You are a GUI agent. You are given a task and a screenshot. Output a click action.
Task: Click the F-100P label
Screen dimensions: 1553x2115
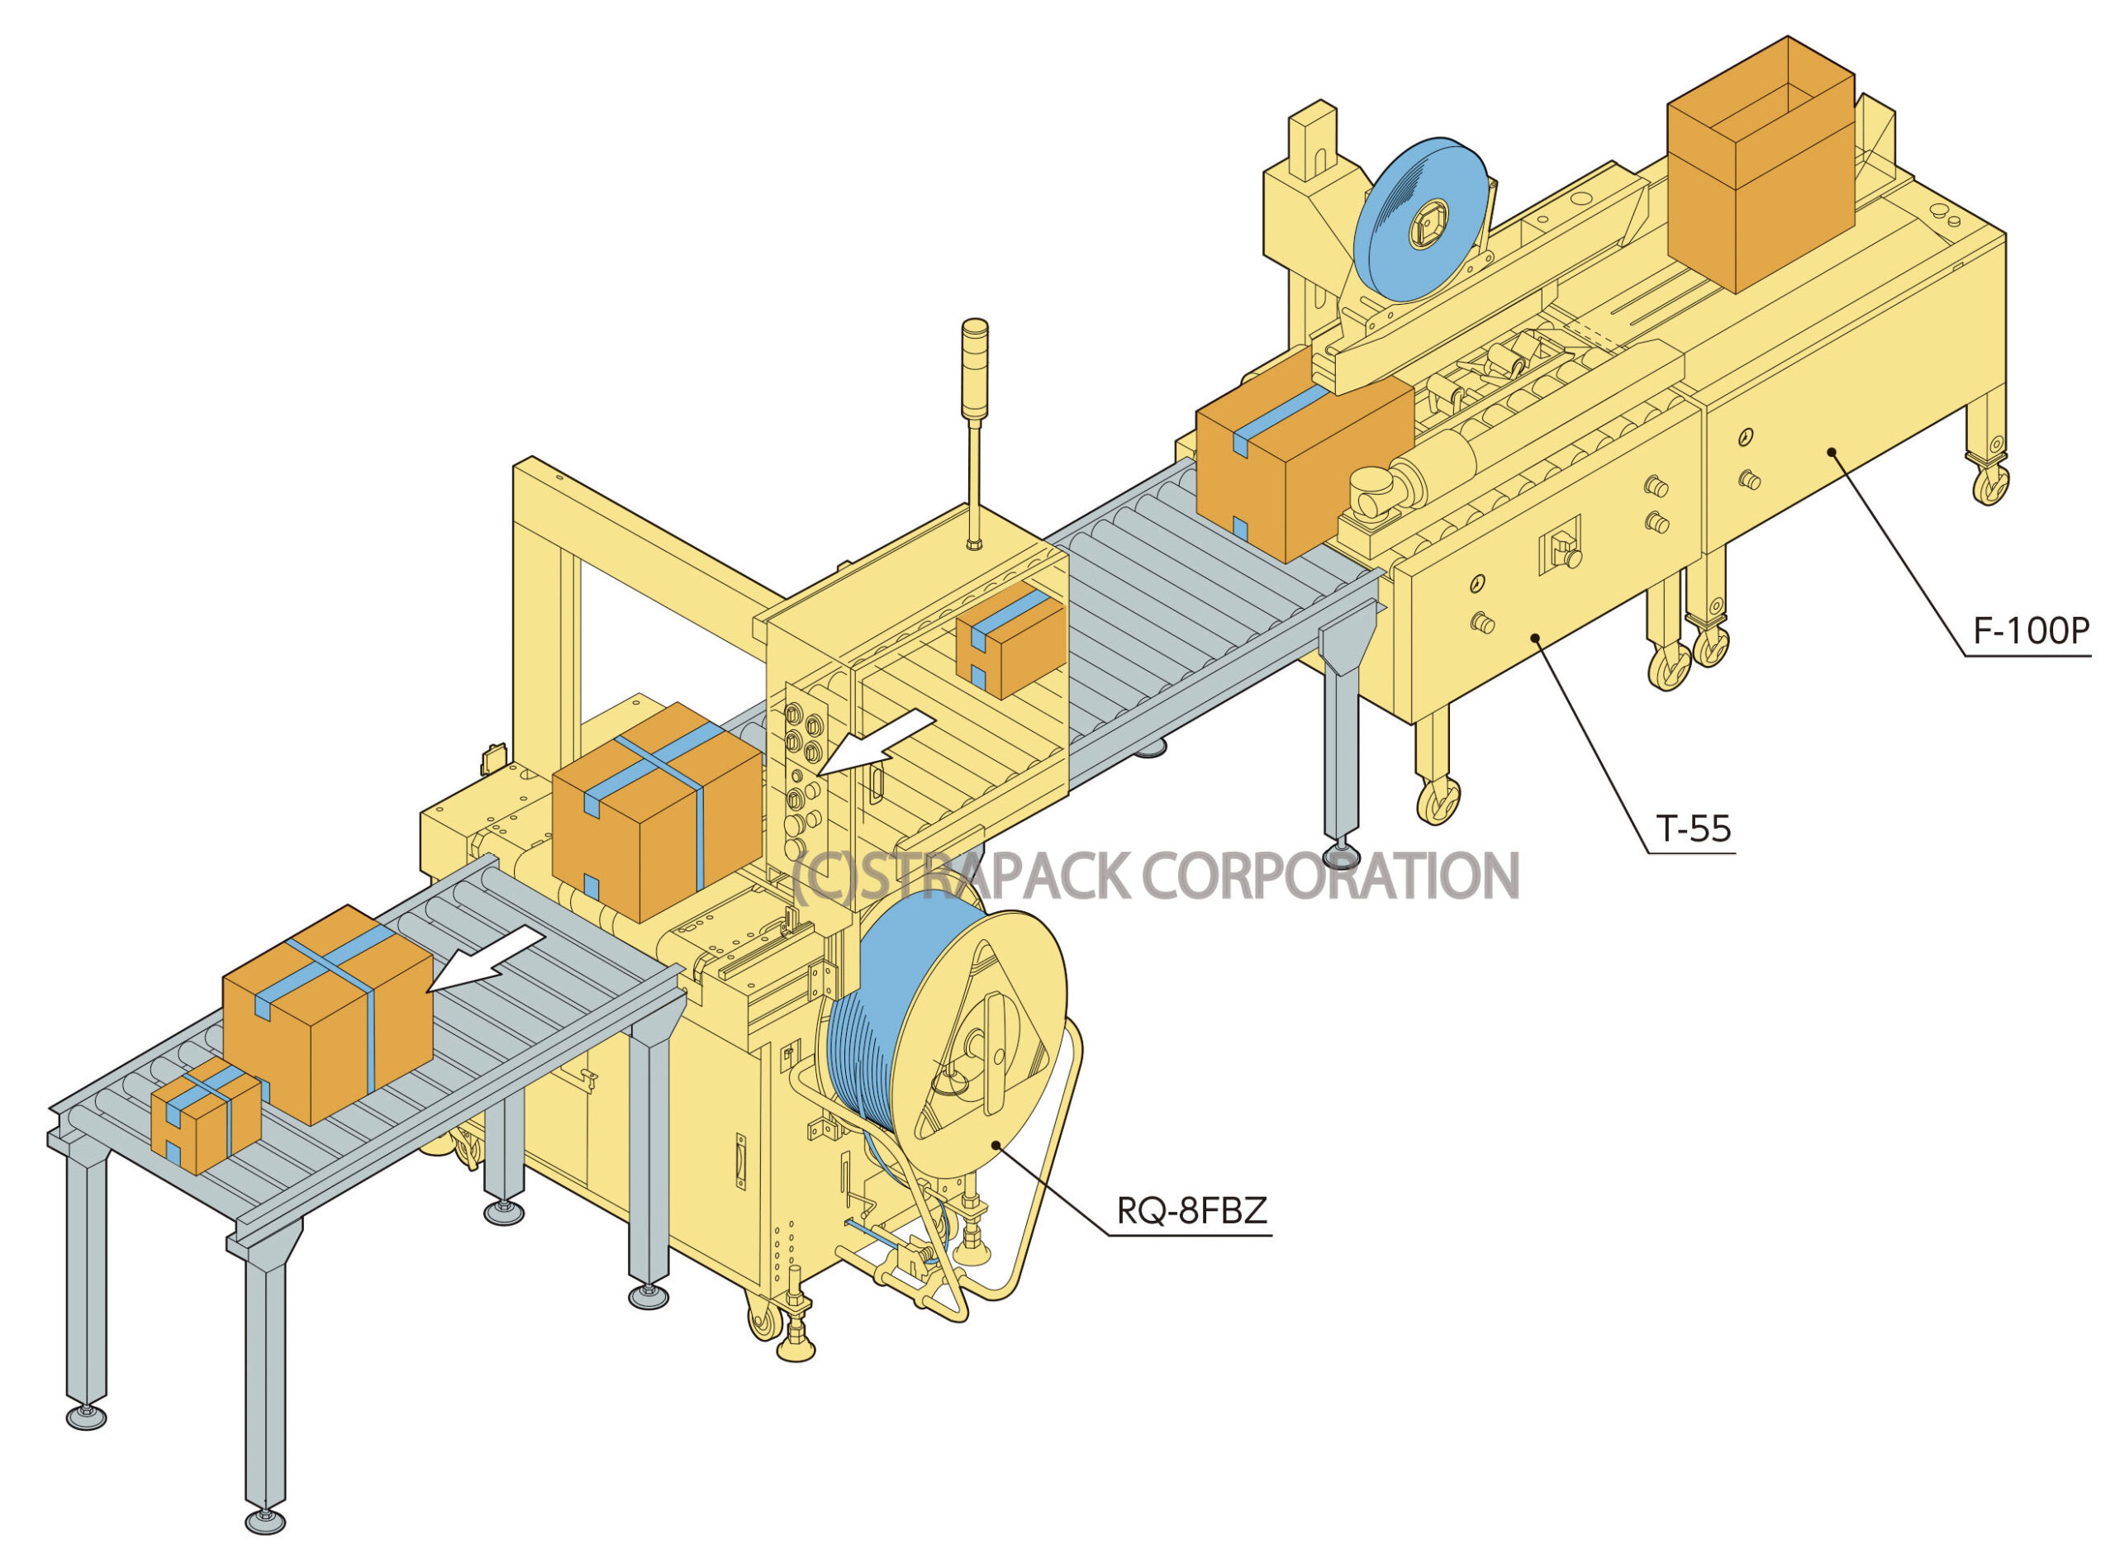pyautogui.click(x=2031, y=631)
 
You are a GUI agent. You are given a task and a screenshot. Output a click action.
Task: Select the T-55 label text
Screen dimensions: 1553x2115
pyautogui.click(x=1693, y=829)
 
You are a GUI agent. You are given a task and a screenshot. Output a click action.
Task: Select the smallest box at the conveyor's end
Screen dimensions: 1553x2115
pyautogui.click(x=205, y=1115)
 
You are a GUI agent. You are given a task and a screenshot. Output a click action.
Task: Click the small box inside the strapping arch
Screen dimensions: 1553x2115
pyautogui.click(x=1010, y=639)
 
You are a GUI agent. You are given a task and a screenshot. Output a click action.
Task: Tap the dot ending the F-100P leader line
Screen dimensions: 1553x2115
pyautogui.click(x=1832, y=452)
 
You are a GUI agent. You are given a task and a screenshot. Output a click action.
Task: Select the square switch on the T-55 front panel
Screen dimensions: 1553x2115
pyautogui.click(x=1560, y=546)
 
